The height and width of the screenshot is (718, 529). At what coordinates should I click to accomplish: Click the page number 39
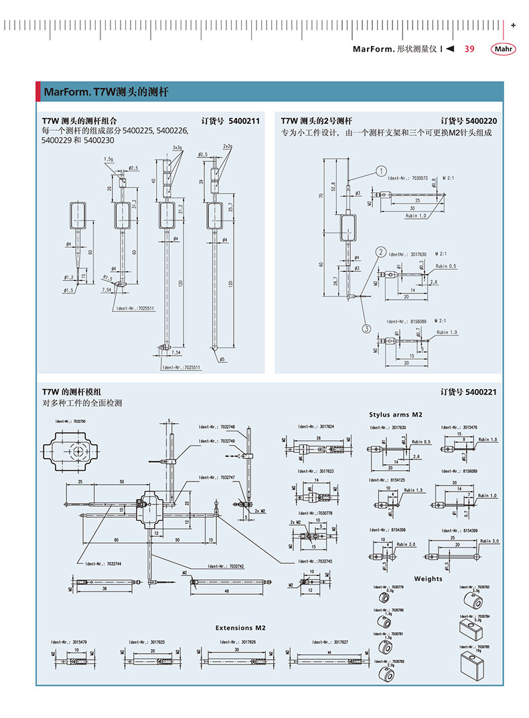pos(469,49)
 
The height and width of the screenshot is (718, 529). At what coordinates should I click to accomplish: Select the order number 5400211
pos(244,121)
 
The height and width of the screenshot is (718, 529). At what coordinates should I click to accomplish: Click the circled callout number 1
pos(381,171)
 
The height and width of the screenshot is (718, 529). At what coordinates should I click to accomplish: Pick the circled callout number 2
pos(380,252)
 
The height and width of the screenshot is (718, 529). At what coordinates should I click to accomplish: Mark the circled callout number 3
pos(367,328)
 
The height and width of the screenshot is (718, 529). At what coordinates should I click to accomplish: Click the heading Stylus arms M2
pos(396,415)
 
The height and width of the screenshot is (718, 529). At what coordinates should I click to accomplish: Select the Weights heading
pos(428,579)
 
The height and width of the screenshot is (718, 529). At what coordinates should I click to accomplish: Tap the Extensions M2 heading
pos(240,628)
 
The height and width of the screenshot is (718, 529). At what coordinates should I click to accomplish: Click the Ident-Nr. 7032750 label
pos(70,421)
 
